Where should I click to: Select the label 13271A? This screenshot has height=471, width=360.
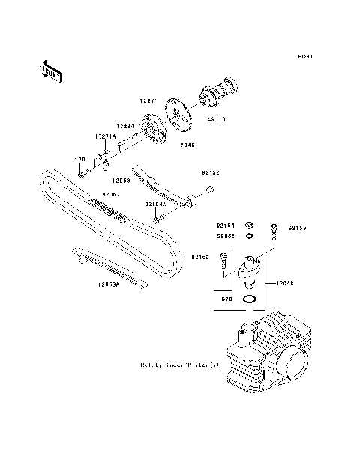[x=105, y=137]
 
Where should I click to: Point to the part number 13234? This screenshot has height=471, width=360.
[x=125, y=127]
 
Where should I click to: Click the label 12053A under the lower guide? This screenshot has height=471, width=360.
[x=109, y=284]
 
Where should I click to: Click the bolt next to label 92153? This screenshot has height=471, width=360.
[x=274, y=232]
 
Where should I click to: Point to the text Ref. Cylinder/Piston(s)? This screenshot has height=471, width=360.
[x=178, y=364]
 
